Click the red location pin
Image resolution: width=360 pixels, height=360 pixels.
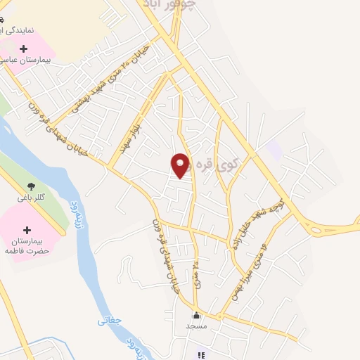(x=181, y=165)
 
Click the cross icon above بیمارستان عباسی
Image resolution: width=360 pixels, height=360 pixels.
(x=25, y=49)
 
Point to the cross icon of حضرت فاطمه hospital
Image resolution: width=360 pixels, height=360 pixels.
(x=27, y=230)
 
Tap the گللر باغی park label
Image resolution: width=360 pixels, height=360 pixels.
(x=30, y=199)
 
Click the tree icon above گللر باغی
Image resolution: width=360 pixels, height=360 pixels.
(x=30, y=186)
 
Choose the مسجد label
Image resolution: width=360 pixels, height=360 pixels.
(x=196, y=327)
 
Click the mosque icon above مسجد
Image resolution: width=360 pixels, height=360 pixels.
(x=196, y=316)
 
